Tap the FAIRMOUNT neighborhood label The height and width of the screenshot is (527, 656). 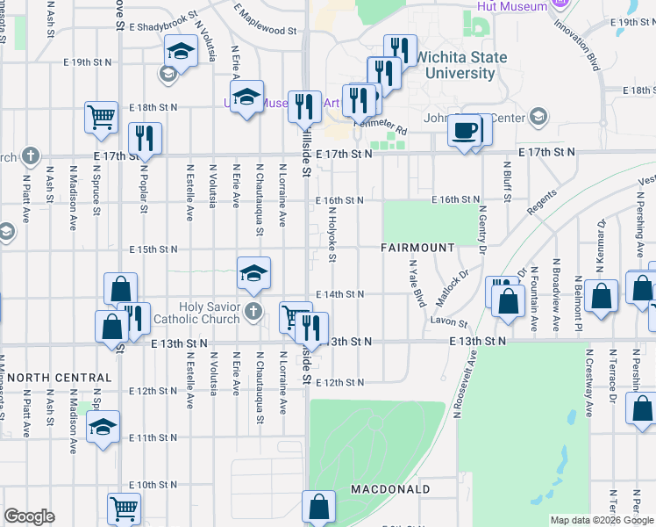[417, 249]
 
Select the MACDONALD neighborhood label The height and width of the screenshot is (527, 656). [390, 488]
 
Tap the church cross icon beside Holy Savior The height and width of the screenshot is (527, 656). [253, 311]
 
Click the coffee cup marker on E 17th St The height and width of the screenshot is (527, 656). [464, 131]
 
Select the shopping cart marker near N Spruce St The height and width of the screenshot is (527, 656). [102, 116]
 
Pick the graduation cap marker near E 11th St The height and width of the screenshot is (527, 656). [103, 429]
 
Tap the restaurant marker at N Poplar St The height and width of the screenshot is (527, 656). [145, 138]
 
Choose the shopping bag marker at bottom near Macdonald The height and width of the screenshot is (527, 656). [318, 507]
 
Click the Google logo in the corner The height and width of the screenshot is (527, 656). [29, 516]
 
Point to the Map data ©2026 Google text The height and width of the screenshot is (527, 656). [601, 520]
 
